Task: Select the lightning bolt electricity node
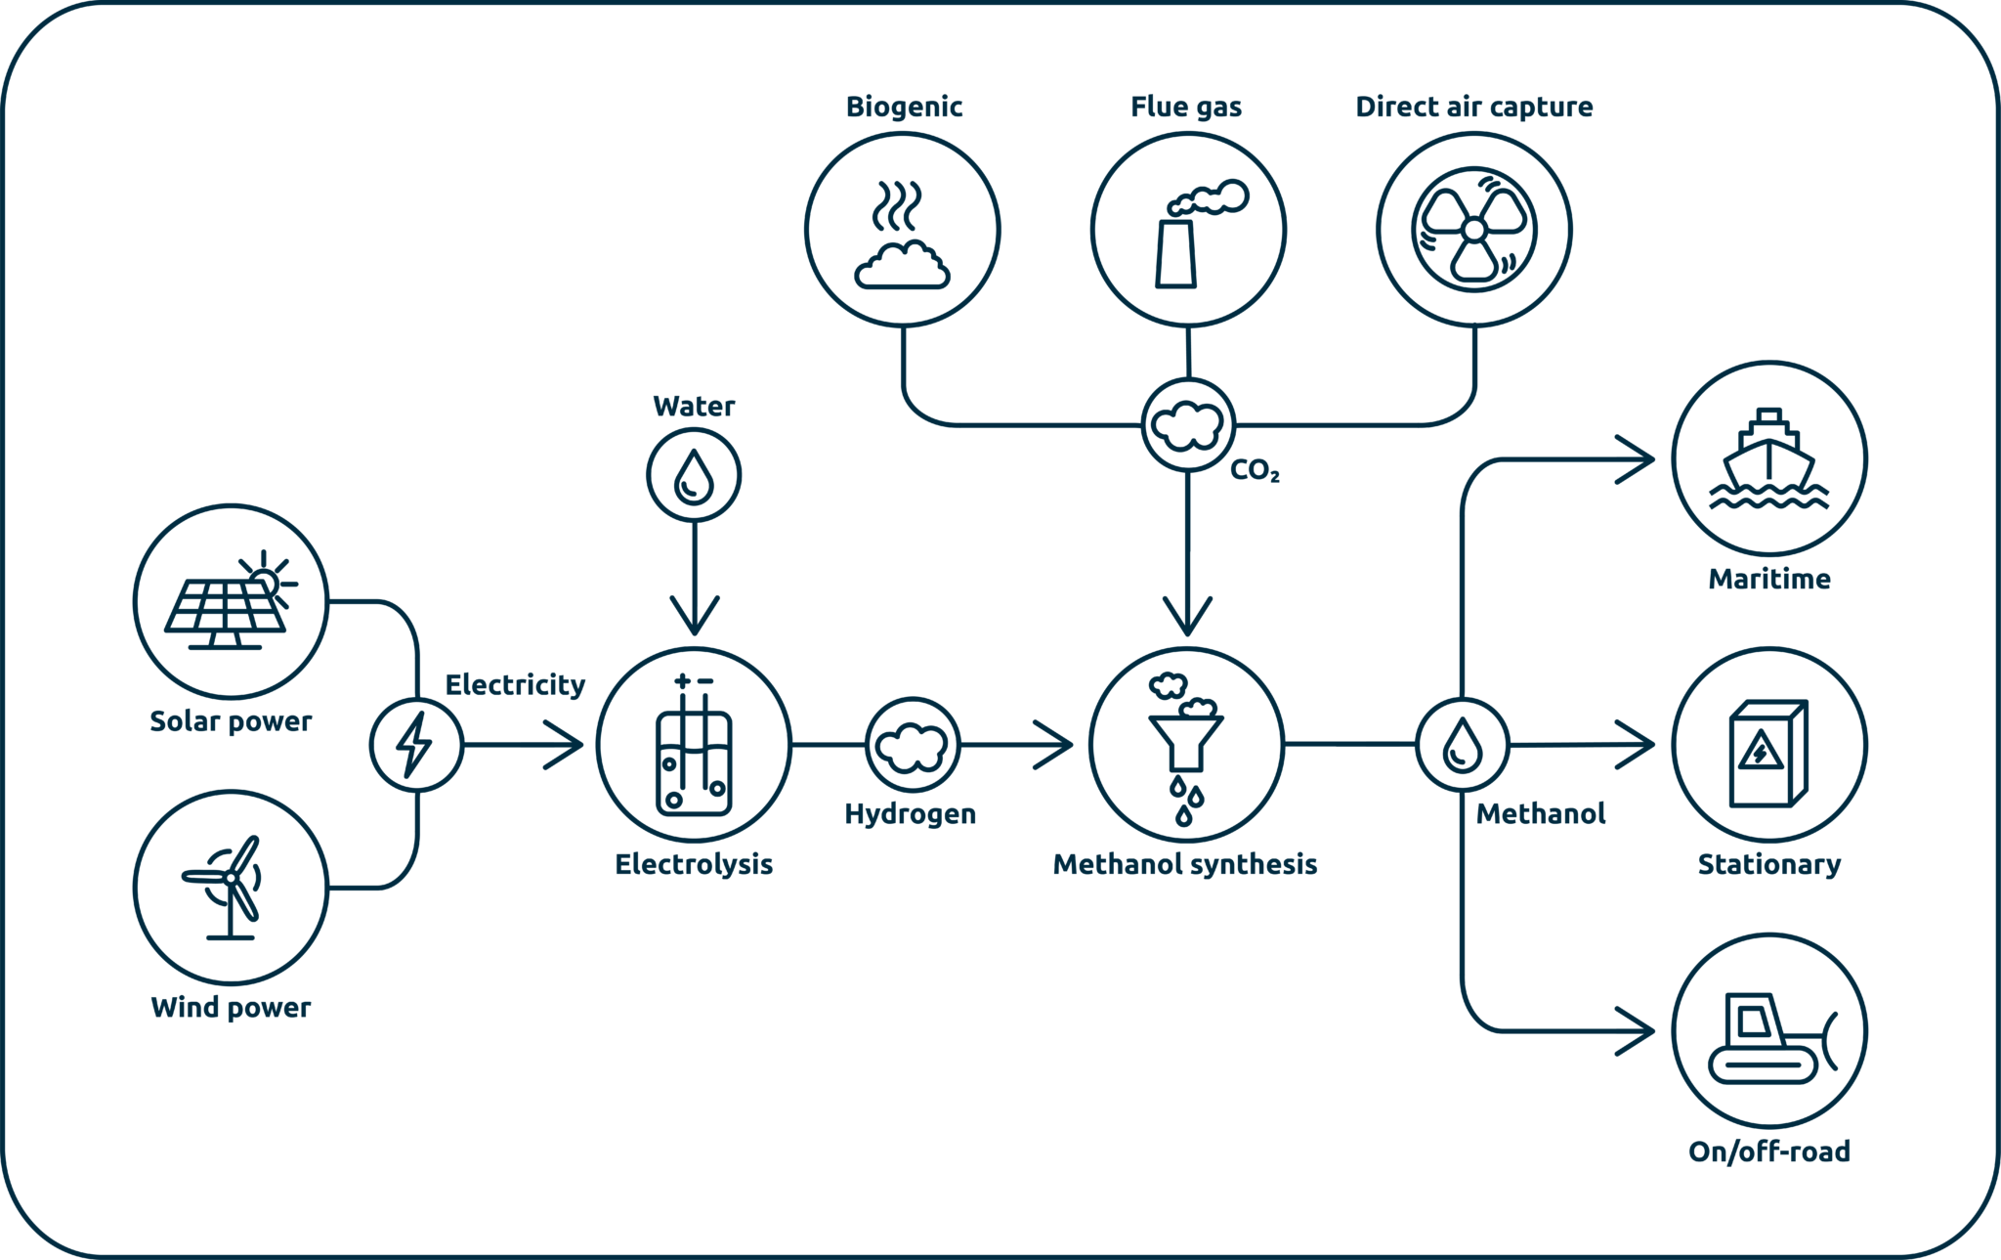tap(415, 745)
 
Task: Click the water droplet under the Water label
tap(695, 475)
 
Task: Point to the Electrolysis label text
tap(694, 864)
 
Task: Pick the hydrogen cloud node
tap(913, 745)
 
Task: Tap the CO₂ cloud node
tap(1187, 425)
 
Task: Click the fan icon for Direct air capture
tap(1474, 230)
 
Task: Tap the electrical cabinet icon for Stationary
tap(1768, 753)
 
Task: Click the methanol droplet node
tap(1463, 745)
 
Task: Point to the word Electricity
tap(515, 684)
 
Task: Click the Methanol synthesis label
tap(1184, 864)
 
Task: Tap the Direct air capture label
tap(1473, 107)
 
